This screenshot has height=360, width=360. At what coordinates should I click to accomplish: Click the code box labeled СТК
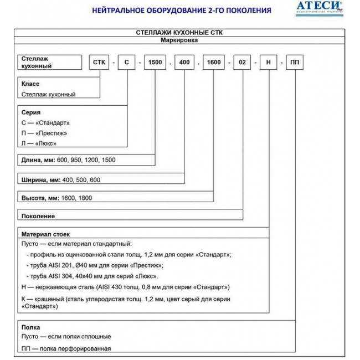tap(100, 62)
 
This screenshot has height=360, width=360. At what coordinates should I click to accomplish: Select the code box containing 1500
tap(155, 62)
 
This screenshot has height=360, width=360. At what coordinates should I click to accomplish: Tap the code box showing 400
tap(184, 62)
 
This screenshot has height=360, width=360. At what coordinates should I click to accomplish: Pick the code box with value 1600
tap(214, 62)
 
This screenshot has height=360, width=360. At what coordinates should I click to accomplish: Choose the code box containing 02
tap(243, 62)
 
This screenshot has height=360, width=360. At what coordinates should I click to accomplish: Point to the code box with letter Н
tap(269, 62)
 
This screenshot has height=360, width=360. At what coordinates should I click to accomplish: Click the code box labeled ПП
tap(295, 62)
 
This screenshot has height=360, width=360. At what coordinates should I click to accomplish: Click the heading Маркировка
tap(179, 40)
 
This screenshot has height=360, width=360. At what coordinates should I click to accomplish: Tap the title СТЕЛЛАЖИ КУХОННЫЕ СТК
tap(179, 33)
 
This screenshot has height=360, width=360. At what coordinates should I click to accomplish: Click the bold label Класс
tap(30, 84)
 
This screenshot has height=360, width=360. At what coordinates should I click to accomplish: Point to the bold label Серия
tap(31, 112)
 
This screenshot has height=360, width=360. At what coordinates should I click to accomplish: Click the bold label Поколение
tap(38, 216)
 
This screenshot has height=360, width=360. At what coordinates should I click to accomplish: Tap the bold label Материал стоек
tap(45, 234)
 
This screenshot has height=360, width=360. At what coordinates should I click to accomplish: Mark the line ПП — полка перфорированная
tap(66, 348)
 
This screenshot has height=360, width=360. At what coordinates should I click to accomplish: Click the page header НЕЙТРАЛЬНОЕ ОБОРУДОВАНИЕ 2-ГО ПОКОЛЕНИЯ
tap(181, 10)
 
